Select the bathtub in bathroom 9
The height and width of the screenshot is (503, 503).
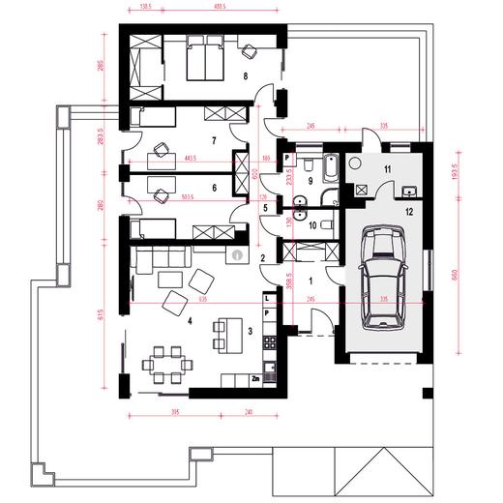coord(330,171)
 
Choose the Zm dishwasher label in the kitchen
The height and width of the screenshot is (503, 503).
coord(255,379)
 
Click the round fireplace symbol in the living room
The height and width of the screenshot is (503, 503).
coord(237,255)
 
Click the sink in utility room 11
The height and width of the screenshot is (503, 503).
coord(408,189)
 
